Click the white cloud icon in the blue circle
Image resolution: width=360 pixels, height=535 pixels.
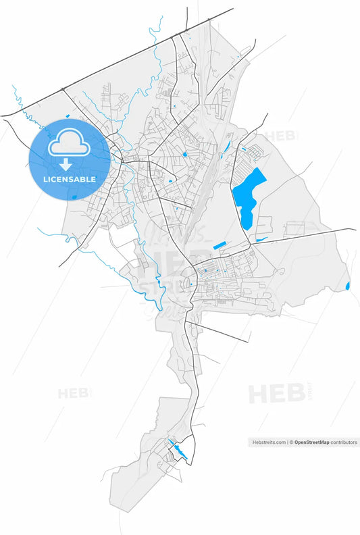[70, 143]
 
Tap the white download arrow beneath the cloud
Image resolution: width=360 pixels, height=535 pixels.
[66, 165]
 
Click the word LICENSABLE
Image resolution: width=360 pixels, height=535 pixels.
[70, 180]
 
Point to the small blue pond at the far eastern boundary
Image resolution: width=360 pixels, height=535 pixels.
[348, 286]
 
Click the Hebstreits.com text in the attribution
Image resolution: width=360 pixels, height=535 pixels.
[269, 442]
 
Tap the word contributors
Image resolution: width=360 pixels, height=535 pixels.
[344, 442]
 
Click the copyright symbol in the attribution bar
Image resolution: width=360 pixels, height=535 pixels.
[291, 442]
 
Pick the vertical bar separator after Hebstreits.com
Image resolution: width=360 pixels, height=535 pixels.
[288, 442]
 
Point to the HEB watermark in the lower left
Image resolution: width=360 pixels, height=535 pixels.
[74, 393]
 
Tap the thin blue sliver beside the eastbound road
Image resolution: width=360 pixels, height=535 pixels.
[261, 239]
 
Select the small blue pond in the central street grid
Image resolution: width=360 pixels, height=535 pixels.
[184, 155]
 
